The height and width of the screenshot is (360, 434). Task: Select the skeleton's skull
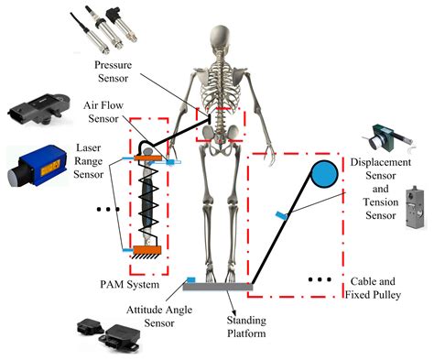(219, 21)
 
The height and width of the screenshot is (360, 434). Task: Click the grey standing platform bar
(219, 286)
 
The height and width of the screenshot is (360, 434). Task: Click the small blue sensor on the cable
(280, 216)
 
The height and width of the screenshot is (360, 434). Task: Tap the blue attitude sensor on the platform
(190, 279)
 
